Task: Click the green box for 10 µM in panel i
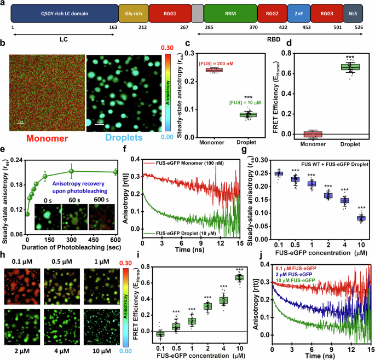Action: click(x=239, y=278)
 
